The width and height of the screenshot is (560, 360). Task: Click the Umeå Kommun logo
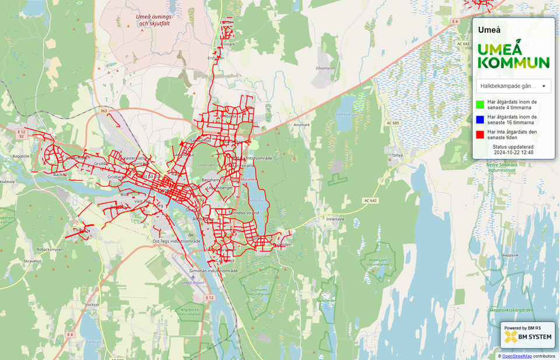point(513,56)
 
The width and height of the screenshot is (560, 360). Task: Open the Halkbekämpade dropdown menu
point(513,86)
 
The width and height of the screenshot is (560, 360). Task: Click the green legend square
point(480,105)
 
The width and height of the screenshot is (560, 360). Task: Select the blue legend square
point(480,120)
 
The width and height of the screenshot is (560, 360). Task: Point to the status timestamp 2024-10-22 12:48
point(513,152)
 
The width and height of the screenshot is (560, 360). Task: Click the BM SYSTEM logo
point(527,337)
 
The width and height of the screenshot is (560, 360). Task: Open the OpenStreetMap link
point(517,356)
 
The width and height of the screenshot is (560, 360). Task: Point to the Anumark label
point(302,125)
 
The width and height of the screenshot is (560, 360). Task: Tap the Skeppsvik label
point(509,255)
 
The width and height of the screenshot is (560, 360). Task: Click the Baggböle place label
point(19,156)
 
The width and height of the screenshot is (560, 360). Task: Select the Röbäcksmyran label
point(50,249)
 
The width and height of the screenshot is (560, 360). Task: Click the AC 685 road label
point(393,123)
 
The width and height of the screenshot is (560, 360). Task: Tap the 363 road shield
point(103,110)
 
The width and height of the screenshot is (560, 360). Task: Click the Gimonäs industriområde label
point(213,271)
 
